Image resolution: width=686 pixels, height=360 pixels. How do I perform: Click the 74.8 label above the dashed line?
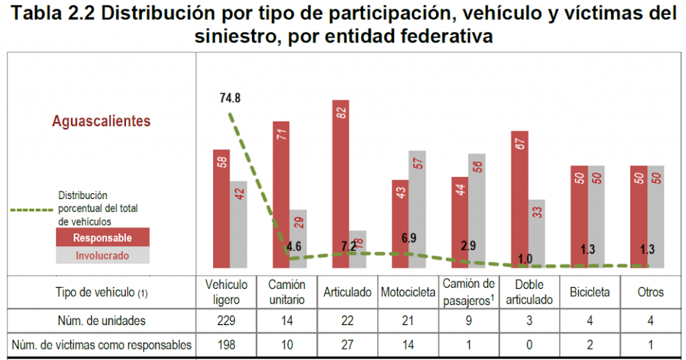click(230, 98)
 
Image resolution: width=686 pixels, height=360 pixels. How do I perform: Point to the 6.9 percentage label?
click(409, 237)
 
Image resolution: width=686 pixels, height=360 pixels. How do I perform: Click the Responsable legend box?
click(102, 238)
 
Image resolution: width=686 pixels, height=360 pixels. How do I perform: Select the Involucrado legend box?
click(102, 255)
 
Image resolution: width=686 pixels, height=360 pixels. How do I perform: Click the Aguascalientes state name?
click(102, 121)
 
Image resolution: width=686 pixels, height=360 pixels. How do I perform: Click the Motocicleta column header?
click(409, 292)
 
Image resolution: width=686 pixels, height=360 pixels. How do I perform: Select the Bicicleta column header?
click(590, 292)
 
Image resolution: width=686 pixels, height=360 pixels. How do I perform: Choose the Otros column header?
click(650, 292)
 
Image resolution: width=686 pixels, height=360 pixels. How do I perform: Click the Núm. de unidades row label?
click(101, 320)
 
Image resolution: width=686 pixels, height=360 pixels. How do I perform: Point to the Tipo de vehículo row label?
click(101, 292)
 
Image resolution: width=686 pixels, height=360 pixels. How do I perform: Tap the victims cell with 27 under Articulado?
click(348, 345)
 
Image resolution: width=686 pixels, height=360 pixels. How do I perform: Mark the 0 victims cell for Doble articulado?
click(529, 345)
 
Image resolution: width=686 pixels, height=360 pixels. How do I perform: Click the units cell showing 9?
click(469, 320)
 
